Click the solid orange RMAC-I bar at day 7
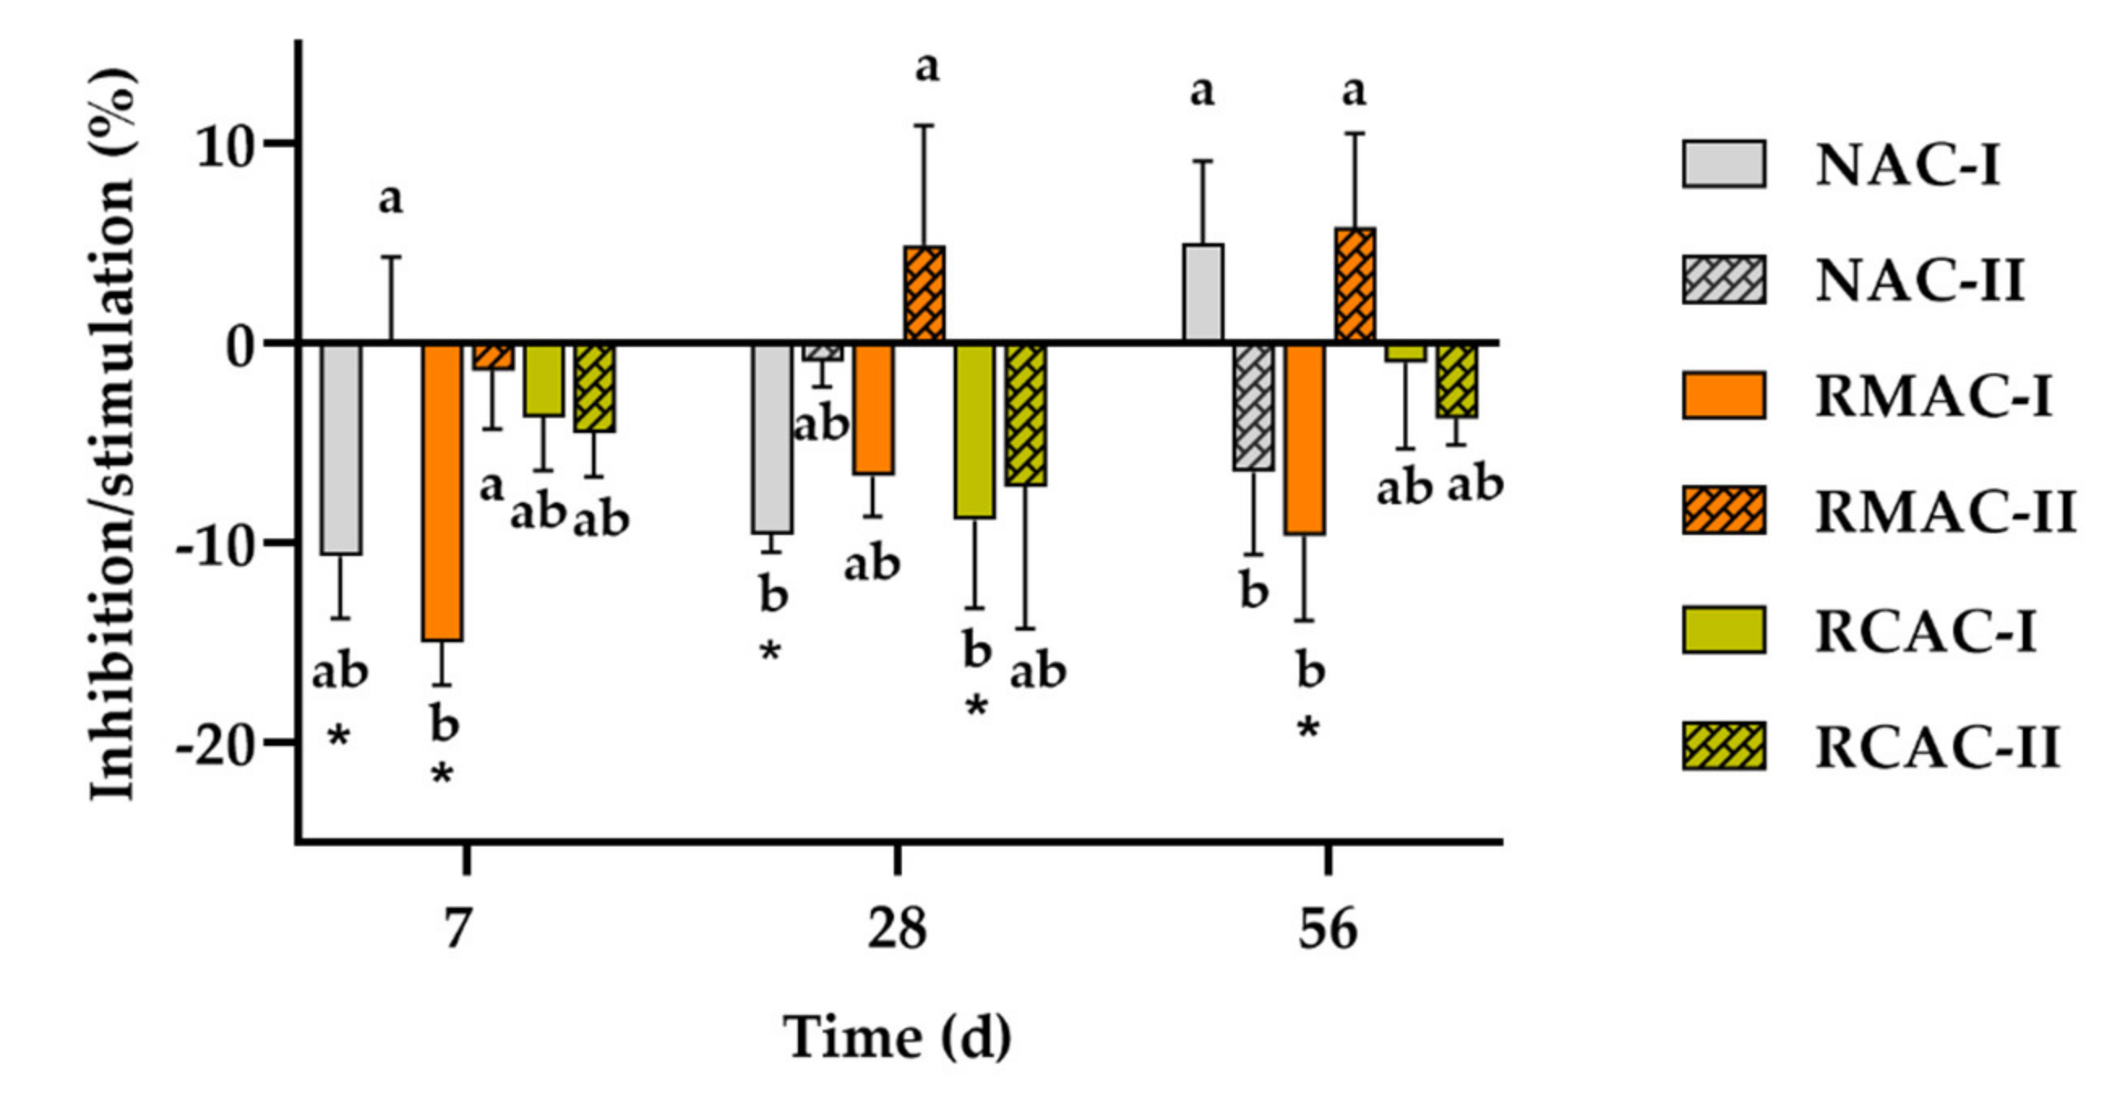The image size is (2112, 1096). (x=443, y=492)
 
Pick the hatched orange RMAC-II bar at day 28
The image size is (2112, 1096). (x=924, y=293)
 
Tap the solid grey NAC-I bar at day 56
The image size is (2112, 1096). (x=1203, y=293)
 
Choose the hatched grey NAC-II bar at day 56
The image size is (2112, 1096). (x=1254, y=407)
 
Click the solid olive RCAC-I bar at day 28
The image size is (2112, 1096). (x=975, y=431)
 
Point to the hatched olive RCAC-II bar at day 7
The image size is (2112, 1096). (x=595, y=387)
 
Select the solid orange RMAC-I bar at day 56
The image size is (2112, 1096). (x=1304, y=439)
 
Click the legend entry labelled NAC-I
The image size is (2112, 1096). (x=1907, y=165)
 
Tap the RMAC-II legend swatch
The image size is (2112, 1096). (x=1724, y=511)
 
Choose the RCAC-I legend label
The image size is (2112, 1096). (x=1925, y=631)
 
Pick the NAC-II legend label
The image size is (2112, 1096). (x=1919, y=281)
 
